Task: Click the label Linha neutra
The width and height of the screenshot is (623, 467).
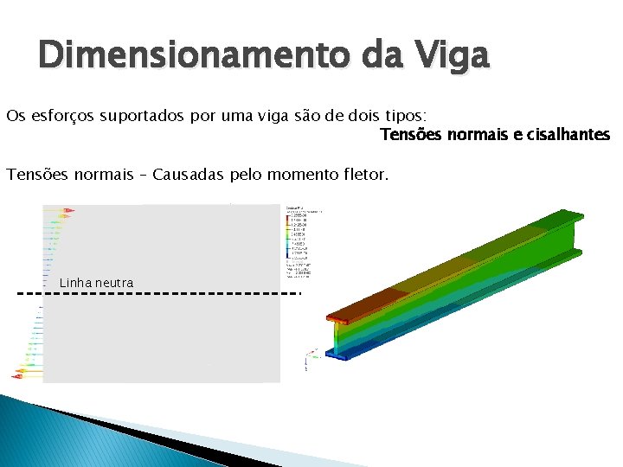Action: tap(96, 283)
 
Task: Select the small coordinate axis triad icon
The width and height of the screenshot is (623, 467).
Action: tap(312, 355)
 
